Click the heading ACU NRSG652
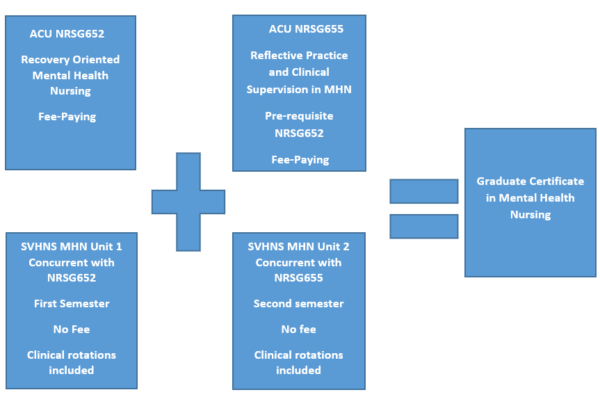pos(70,33)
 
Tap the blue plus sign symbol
pos(188,202)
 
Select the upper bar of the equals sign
pos(423,191)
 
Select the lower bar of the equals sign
pos(423,226)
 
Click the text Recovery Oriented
pos(70,60)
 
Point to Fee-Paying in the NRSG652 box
pos(67,117)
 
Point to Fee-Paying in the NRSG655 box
pos(300,159)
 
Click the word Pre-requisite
pos(299,116)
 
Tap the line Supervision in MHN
pos(299,89)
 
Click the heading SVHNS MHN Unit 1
pos(72,246)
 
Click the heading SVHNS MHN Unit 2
pos(298,246)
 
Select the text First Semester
pos(72,304)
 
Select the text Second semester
pos(298,304)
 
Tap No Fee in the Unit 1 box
pos(72,330)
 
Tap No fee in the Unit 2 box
pos(298,330)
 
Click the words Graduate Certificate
pos(530,181)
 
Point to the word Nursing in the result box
pos(530,215)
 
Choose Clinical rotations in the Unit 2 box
pos(298,355)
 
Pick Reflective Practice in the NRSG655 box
pos(299,56)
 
